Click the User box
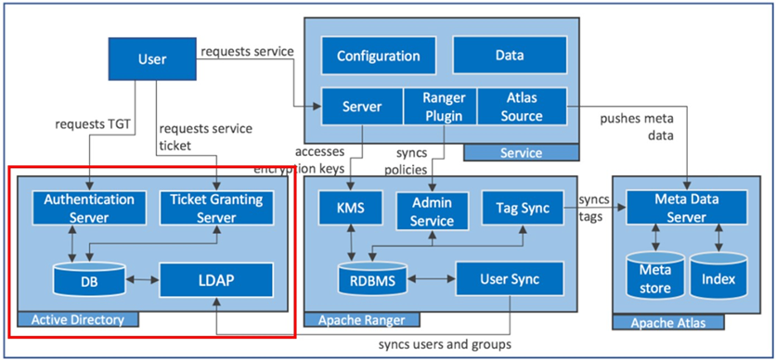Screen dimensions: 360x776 151,59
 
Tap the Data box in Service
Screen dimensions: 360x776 509,56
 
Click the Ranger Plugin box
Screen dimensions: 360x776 440,107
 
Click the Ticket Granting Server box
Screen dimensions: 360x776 215,208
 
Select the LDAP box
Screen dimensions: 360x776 215,277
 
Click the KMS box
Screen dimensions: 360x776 351,208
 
